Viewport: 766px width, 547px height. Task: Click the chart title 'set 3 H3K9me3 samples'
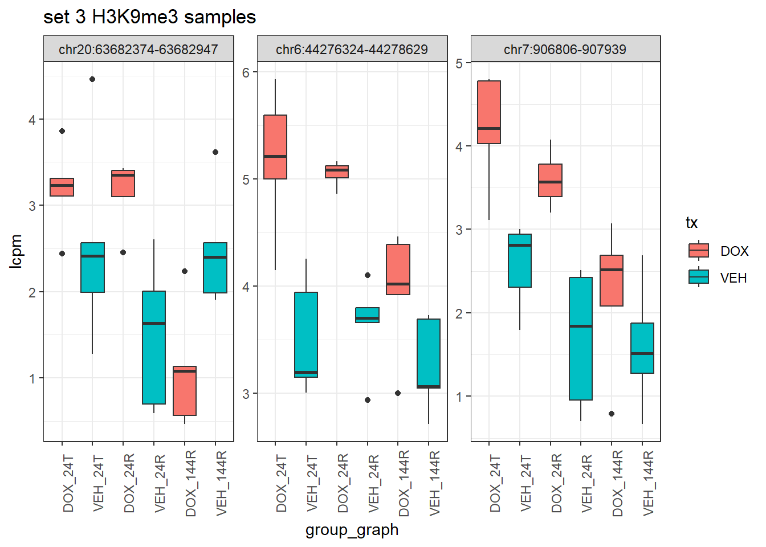pos(149,17)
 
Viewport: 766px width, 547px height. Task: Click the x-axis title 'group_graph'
pos(352,530)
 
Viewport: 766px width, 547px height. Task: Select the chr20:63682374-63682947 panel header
pos(138,49)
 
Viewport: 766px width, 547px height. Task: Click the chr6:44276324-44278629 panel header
pos(352,49)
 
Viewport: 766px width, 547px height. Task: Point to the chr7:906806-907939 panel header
pos(565,49)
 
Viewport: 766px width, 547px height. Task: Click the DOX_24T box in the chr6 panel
pos(275,147)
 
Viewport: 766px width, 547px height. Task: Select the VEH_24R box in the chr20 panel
pos(154,348)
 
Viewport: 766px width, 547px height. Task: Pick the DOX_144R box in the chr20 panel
pos(185,391)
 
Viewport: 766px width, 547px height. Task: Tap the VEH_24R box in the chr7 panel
pos(581,338)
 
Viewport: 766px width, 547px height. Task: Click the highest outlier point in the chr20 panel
pos(92,79)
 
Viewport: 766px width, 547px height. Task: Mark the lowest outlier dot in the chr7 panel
pos(612,414)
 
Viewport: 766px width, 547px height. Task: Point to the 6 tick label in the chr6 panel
pos(246,72)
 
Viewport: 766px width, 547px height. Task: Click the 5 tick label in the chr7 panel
pos(459,63)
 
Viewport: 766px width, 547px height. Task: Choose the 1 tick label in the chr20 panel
pos(32,378)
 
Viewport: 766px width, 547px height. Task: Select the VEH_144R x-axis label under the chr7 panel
pos(649,483)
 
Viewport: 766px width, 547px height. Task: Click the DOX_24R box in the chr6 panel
pos(337,172)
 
